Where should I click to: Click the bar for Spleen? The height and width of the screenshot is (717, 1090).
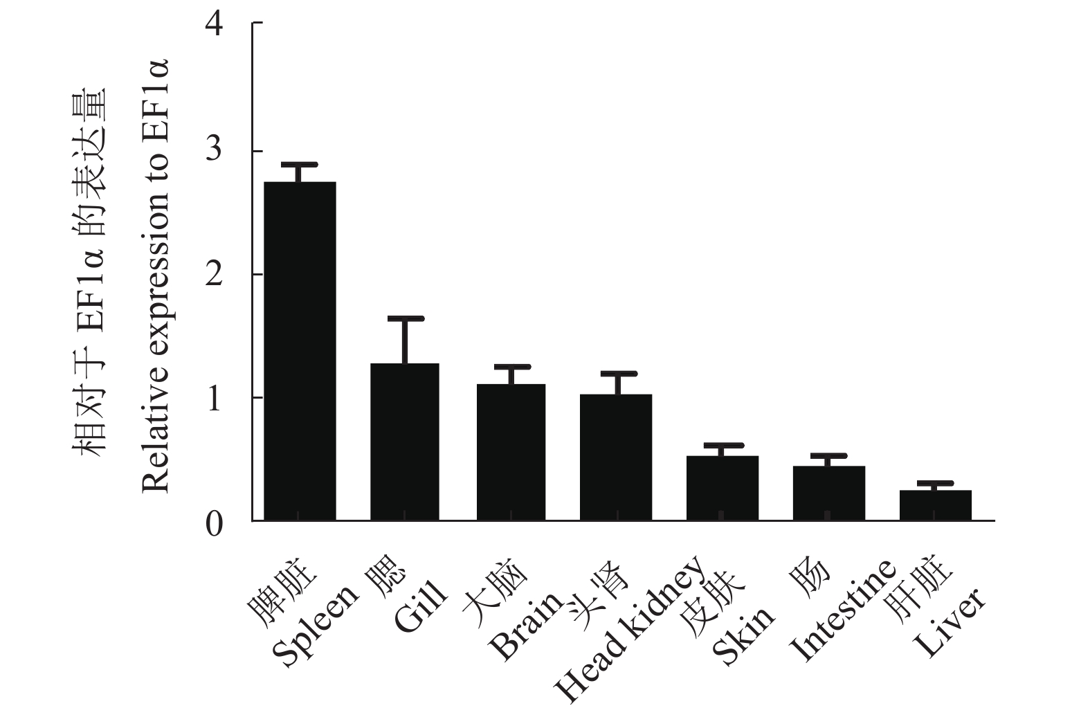tap(300, 351)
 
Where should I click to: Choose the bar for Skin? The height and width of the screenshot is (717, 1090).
tap(723, 488)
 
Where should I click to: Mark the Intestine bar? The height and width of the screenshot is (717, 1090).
tap(828, 493)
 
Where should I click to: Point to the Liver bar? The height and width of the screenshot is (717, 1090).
tap(935, 505)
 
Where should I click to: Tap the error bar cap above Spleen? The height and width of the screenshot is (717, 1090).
tap(300, 165)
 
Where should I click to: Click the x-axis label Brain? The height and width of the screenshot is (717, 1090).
tap(526, 626)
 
